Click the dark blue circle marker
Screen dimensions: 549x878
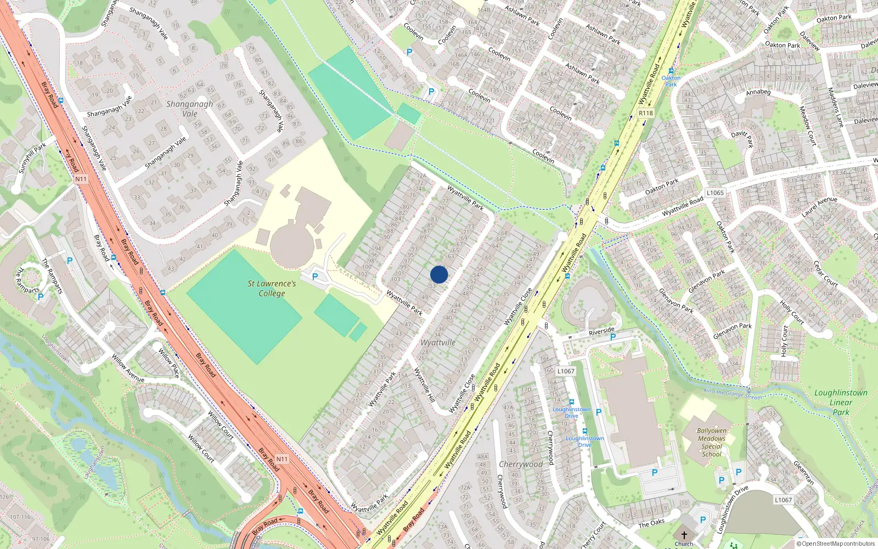click(x=439, y=274)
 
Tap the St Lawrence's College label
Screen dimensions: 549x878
click(x=272, y=288)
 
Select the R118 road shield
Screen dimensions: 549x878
click(x=646, y=113)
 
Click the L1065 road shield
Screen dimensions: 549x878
click(x=715, y=193)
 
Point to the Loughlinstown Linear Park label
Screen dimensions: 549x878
click(x=841, y=402)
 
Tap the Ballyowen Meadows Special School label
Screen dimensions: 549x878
click(x=712, y=442)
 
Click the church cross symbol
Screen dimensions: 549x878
click(x=684, y=535)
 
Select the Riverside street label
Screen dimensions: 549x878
click(x=601, y=331)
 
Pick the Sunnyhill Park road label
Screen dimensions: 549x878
click(x=32, y=158)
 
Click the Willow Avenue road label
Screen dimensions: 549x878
click(x=128, y=368)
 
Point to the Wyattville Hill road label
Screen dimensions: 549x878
click(x=424, y=385)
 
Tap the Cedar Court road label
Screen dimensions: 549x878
click(x=825, y=273)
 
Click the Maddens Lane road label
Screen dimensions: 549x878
click(x=835, y=108)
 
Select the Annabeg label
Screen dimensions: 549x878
click(x=758, y=92)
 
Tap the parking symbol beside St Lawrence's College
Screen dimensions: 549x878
click(x=315, y=277)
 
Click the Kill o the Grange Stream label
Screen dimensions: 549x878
click(x=733, y=393)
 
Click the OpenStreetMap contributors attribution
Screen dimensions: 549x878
click(x=835, y=544)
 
